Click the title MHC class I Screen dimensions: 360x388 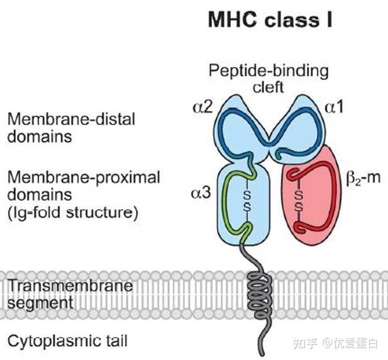tap(270, 20)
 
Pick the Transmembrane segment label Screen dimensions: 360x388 tap(70, 294)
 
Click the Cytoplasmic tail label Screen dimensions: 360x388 tap(67, 341)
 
